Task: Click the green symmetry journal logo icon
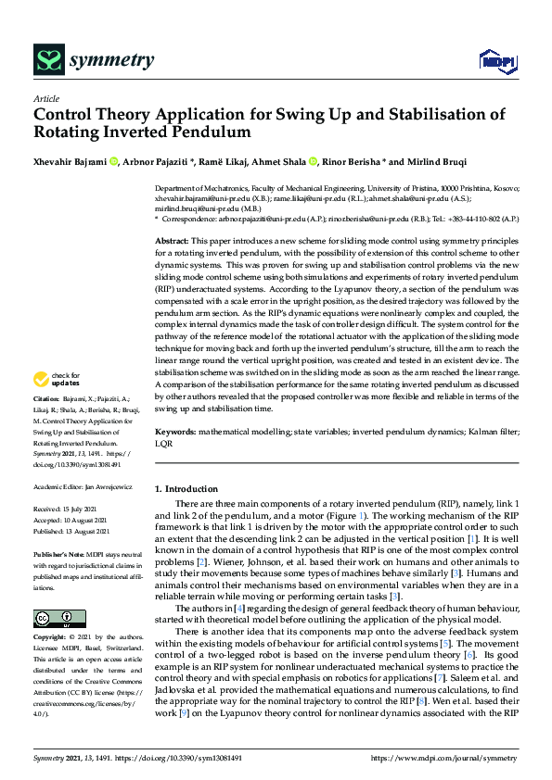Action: (x=47, y=61)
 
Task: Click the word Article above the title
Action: (x=45, y=98)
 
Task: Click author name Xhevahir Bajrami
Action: (x=71, y=162)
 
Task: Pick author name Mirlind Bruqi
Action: (x=469, y=162)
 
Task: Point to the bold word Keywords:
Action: (x=176, y=432)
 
